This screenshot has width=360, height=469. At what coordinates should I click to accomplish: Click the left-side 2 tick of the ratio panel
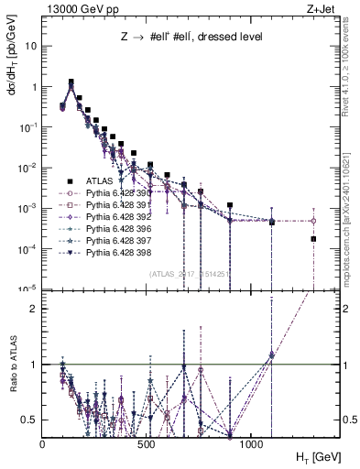pyautogui.click(x=33, y=309)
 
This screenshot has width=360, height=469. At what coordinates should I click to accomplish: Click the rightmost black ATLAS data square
pyautogui.click(x=313, y=239)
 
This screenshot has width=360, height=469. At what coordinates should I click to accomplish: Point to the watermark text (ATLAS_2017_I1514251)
pyautogui.click(x=187, y=273)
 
